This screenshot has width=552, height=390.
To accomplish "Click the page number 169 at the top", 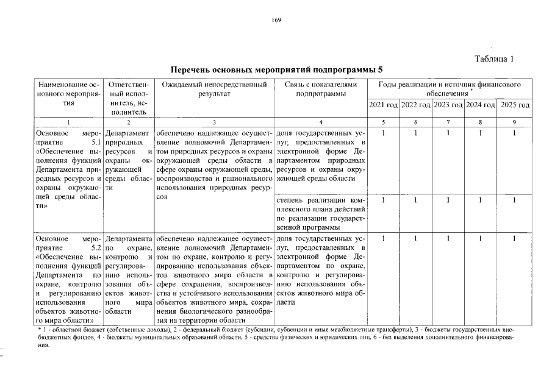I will click(276, 20).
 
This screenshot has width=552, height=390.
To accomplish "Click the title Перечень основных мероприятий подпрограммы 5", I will click(276, 71).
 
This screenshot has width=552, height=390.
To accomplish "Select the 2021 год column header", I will click(383, 105).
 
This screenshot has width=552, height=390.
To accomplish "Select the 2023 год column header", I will click(448, 105).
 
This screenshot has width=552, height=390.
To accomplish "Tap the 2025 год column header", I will click(514, 105).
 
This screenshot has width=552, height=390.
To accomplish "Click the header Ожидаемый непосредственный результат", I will click(214, 90).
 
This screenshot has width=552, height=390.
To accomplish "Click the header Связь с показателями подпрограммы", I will click(320, 90).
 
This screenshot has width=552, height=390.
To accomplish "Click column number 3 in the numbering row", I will click(214, 122).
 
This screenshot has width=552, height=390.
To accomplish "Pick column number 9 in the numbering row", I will click(514, 122).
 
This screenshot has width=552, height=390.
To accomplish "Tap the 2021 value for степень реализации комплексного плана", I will click(383, 200).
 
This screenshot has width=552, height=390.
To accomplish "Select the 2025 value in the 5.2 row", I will click(514, 239).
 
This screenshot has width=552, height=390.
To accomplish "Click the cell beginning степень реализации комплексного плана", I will click(320, 213).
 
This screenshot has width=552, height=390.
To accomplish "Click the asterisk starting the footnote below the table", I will click(40, 328).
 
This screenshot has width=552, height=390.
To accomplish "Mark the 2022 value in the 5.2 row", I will click(415, 239).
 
